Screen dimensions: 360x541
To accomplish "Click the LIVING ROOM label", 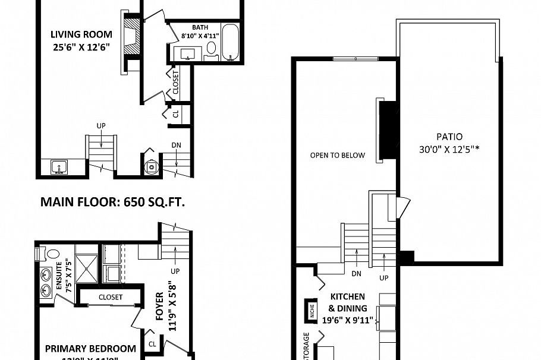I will pyautogui.click(x=81, y=33).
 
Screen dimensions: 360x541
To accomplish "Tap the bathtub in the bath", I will pyautogui.click(x=230, y=42).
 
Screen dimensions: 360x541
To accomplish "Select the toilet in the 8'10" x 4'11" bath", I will pyautogui.click(x=210, y=48).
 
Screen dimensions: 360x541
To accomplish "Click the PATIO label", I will pyautogui.click(x=449, y=136).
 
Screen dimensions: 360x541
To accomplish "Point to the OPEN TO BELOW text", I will pyautogui.click(x=337, y=156).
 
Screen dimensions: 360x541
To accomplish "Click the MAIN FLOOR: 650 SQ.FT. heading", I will pyautogui.click(x=112, y=203).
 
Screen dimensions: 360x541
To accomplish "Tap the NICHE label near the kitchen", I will pyautogui.click(x=310, y=308).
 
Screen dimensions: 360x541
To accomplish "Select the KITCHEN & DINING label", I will pyautogui.click(x=348, y=302).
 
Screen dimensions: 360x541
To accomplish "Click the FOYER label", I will pyautogui.click(x=159, y=306).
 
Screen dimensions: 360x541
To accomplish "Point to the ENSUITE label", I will pyautogui.click(x=59, y=274).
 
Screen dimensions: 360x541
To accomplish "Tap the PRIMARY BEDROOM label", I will pyautogui.click(x=90, y=349).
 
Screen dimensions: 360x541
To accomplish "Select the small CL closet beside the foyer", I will pyautogui.click(x=152, y=344).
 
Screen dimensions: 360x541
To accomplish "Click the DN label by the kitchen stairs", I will pyautogui.click(x=356, y=274).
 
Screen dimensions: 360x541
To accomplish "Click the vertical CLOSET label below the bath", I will pyautogui.click(x=176, y=83).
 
